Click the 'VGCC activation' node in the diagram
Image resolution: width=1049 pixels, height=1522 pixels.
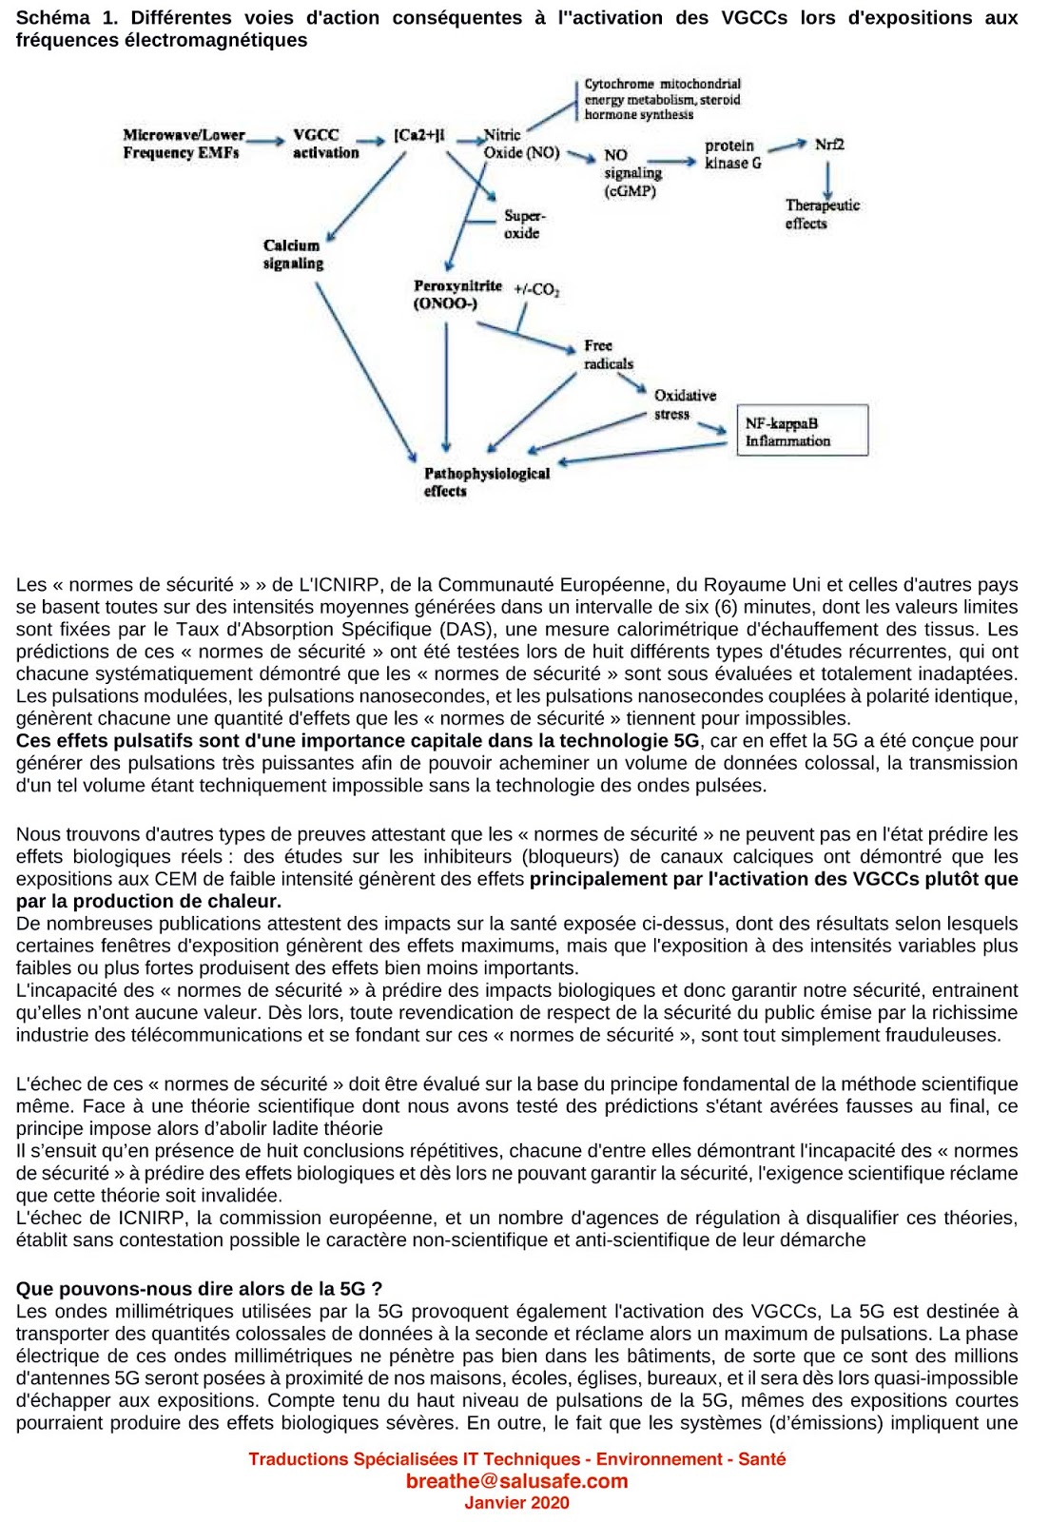(x=325, y=144)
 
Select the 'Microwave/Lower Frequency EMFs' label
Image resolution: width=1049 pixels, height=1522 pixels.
(x=183, y=144)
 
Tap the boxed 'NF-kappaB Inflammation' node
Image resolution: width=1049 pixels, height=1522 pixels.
(x=802, y=431)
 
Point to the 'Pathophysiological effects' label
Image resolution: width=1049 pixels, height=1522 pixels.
(x=486, y=481)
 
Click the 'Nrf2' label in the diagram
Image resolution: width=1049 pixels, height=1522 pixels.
(x=829, y=145)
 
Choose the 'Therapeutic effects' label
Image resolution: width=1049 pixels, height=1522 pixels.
(x=822, y=214)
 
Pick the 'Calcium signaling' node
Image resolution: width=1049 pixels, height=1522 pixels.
(x=293, y=254)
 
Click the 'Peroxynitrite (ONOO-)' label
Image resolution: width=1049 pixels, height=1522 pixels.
(x=457, y=294)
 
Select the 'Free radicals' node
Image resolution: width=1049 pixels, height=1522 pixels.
(x=608, y=354)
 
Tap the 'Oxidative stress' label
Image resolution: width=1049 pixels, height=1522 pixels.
(x=684, y=404)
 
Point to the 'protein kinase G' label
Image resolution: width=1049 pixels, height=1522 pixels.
(x=732, y=154)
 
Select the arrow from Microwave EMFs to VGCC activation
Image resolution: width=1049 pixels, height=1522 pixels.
(x=266, y=142)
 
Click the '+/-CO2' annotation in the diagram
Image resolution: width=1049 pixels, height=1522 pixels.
(x=536, y=289)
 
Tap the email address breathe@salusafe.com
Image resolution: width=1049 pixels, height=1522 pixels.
(x=516, y=1481)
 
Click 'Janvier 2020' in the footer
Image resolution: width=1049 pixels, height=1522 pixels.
(x=516, y=1503)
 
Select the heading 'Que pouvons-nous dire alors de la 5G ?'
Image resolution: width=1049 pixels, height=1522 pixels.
(x=199, y=1289)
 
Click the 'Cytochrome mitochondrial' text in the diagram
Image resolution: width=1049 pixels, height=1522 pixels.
(x=662, y=84)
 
